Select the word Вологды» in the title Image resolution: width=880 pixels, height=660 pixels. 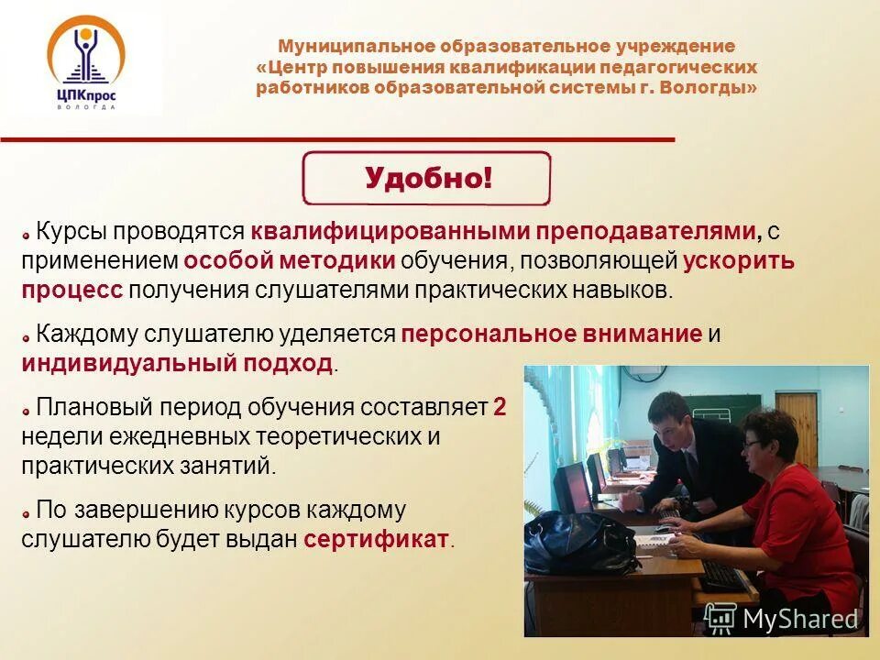(715, 88)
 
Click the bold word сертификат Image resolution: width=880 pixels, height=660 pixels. (377, 539)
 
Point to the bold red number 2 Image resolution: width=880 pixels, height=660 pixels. (500, 408)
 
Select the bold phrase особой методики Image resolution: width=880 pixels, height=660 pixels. (290, 260)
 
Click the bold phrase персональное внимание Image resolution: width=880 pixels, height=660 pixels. (551, 334)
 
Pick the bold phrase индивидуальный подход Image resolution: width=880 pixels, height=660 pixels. (177, 363)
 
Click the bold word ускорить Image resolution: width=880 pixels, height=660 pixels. (739, 260)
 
